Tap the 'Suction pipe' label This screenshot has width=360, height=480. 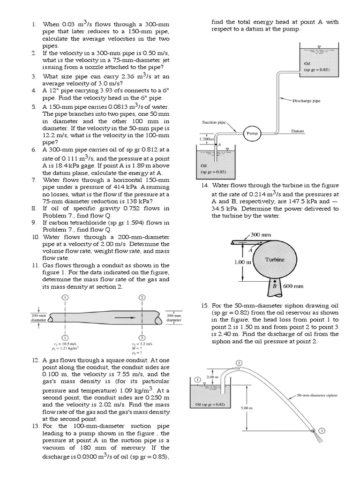pos(213,122)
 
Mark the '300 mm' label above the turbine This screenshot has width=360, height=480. pos(261,234)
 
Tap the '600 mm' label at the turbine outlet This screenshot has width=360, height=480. pos(293,286)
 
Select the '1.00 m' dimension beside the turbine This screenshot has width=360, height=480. pos(242,262)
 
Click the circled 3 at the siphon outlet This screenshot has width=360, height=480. pos(322,431)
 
